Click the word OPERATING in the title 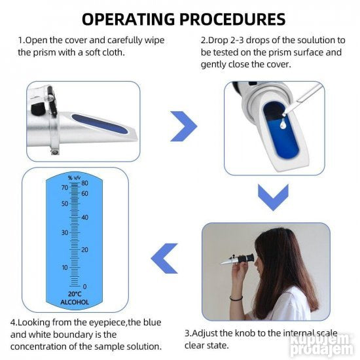(128, 19)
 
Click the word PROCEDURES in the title (232, 19)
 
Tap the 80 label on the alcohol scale (84, 183)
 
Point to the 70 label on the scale (65, 187)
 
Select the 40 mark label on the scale (84, 217)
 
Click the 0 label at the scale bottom (84, 287)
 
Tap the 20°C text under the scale (75, 294)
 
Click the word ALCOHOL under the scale (75, 302)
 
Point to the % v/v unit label (74, 177)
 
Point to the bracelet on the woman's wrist (236, 298)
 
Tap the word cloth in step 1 (113, 52)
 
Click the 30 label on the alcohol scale (65, 232)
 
